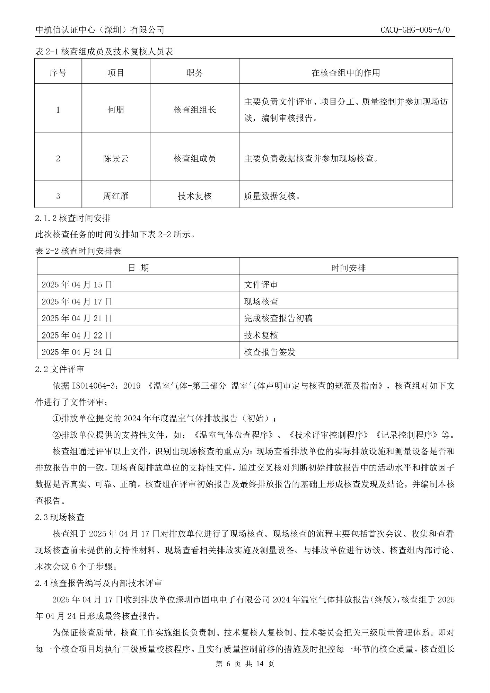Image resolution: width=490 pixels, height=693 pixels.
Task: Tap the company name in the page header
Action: point(100,30)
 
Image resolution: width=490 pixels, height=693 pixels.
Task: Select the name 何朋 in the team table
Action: point(116,110)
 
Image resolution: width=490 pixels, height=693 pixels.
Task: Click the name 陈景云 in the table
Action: point(116,159)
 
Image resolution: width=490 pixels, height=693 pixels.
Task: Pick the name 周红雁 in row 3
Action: point(116,196)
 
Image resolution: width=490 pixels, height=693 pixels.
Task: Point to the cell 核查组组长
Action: point(194,110)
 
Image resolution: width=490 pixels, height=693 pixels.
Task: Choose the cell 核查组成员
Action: point(194,159)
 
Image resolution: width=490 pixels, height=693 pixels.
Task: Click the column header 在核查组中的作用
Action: point(345,73)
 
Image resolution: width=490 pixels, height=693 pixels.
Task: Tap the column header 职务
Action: point(194,73)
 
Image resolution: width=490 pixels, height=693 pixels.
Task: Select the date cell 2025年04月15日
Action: point(77,284)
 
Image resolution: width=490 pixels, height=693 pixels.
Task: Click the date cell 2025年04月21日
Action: point(77,318)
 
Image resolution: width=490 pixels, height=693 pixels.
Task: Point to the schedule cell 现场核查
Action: point(261,301)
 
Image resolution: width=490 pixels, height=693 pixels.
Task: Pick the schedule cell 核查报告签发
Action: point(270,352)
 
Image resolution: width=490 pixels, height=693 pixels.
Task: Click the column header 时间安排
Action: point(348,267)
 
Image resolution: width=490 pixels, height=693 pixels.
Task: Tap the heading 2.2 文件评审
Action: point(59,369)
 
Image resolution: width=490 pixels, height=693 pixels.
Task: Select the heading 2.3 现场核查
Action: point(59,517)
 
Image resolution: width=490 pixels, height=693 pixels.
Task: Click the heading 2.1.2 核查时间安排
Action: point(73,218)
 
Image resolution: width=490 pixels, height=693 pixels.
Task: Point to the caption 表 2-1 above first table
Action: point(104,52)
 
